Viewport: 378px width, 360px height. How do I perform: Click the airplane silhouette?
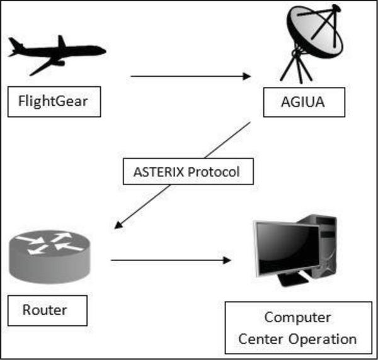coord(57,55)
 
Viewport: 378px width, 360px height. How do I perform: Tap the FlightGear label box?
coord(54,101)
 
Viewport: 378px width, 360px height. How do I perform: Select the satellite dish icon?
coord(313,43)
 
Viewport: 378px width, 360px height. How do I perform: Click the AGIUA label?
coord(303,102)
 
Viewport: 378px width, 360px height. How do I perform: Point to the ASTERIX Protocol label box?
coord(188,171)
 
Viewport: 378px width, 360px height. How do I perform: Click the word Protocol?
coord(214,172)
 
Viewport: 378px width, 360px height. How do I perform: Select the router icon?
coord(49,257)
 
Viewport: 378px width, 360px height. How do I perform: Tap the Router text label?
coord(45,310)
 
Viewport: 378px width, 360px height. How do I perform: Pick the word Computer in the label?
coord(298,318)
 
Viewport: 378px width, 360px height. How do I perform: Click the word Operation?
coord(323,339)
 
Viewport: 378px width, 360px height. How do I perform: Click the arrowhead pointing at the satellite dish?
coord(246,76)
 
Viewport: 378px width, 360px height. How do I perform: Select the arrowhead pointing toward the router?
coord(118,225)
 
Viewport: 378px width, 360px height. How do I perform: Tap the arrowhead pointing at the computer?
coord(227,261)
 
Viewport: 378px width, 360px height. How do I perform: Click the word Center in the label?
coord(261,339)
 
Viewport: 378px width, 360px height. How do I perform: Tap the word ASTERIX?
coord(159,172)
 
